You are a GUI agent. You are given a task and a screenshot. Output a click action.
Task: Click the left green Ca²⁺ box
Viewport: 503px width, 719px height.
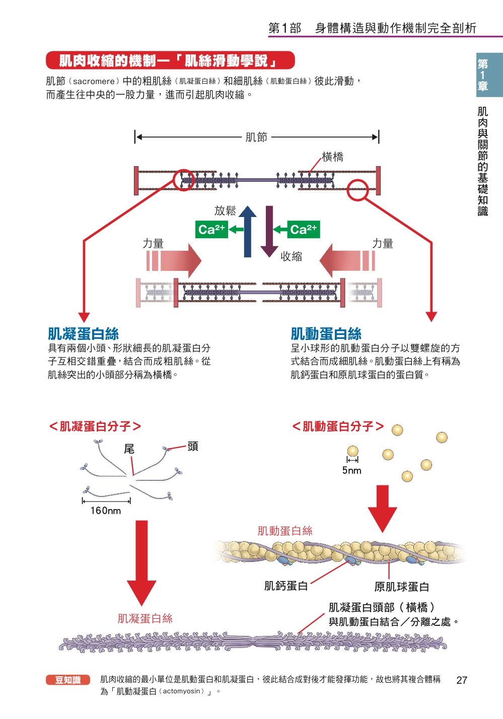pos(211,230)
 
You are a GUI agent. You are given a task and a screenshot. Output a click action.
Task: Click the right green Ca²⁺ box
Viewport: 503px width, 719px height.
pos(304,230)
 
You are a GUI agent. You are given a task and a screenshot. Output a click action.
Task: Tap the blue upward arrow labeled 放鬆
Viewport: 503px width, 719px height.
pos(247,232)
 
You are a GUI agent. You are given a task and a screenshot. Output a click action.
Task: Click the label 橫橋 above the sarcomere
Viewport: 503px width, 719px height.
pos(332,157)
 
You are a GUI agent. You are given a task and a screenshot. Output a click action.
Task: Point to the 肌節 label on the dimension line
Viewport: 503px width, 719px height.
pos(256,137)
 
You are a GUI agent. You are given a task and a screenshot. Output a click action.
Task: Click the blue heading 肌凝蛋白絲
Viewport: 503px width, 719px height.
pos(83,333)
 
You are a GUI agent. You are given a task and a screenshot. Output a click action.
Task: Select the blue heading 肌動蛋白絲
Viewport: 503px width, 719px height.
pos(326,333)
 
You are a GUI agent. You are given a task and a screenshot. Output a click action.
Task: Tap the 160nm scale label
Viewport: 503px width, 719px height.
pos(106,511)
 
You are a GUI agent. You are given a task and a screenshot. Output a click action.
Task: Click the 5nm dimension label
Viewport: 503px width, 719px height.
pos(351,470)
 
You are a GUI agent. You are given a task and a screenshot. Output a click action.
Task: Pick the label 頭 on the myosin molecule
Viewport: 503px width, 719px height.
pos(192,446)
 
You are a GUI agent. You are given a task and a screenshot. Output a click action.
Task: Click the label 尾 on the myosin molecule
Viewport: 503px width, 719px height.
pos(129,449)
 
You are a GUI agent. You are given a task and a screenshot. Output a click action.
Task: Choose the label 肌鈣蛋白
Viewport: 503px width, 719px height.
pos(285,586)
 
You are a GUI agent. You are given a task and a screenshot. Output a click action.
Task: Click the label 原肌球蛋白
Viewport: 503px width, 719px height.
pos(401,587)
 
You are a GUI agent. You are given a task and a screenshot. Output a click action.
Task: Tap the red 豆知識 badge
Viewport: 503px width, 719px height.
pos(67,680)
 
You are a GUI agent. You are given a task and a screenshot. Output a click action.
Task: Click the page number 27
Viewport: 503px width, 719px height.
pos(461,680)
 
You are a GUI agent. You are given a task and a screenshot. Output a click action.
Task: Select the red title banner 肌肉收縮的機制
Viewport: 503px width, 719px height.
pos(170,61)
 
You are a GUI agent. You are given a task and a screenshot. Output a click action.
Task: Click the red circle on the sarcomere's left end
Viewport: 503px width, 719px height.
pos(184,180)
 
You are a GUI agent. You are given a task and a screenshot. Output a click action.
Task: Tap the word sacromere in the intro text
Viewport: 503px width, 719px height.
pos(94,81)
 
